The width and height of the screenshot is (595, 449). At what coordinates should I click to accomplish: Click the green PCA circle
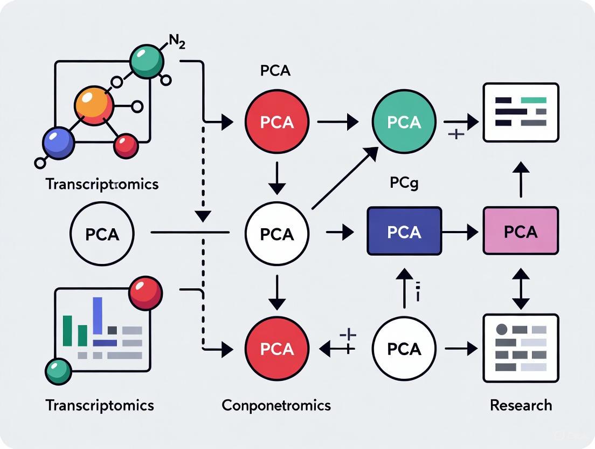tap(404, 122)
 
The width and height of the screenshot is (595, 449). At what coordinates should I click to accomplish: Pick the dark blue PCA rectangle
tap(404, 231)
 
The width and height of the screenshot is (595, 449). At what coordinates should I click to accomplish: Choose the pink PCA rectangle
tap(521, 231)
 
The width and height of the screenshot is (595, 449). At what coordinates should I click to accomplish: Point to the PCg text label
tap(404, 183)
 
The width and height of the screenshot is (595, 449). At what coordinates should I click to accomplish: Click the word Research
tap(521, 405)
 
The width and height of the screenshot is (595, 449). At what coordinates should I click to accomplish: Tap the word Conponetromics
tap(276, 405)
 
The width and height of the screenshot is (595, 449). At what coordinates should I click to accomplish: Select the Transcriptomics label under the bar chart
tap(100, 405)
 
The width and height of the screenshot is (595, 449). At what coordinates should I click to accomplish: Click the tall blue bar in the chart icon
tap(98, 316)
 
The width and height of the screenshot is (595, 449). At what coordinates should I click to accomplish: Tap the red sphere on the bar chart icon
tap(146, 293)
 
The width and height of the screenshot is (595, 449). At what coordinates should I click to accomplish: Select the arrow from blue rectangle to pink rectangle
tap(462, 232)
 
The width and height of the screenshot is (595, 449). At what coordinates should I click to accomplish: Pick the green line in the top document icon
tap(534, 100)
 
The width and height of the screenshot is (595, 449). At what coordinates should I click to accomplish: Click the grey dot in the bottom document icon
tap(501, 329)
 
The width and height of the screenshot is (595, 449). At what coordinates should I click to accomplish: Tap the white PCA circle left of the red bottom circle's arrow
tap(404, 349)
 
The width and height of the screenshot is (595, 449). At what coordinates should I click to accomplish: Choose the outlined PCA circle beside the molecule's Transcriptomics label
tap(102, 234)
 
